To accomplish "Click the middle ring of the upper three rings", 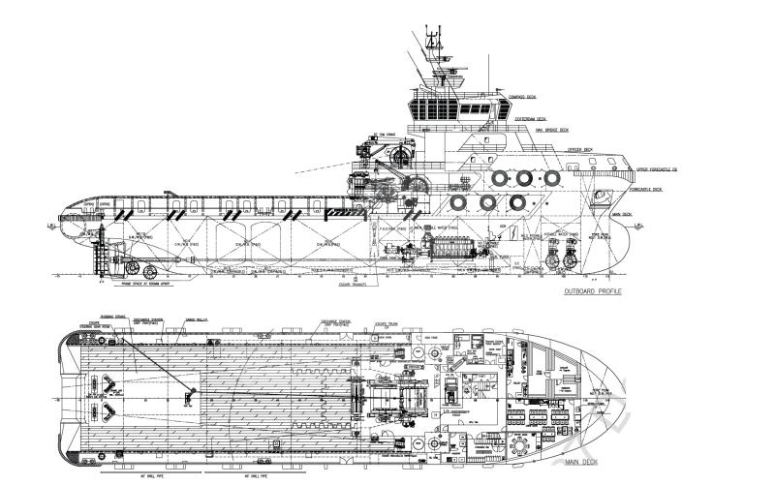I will click(x=524, y=178).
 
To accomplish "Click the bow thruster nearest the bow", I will click(x=579, y=259).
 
